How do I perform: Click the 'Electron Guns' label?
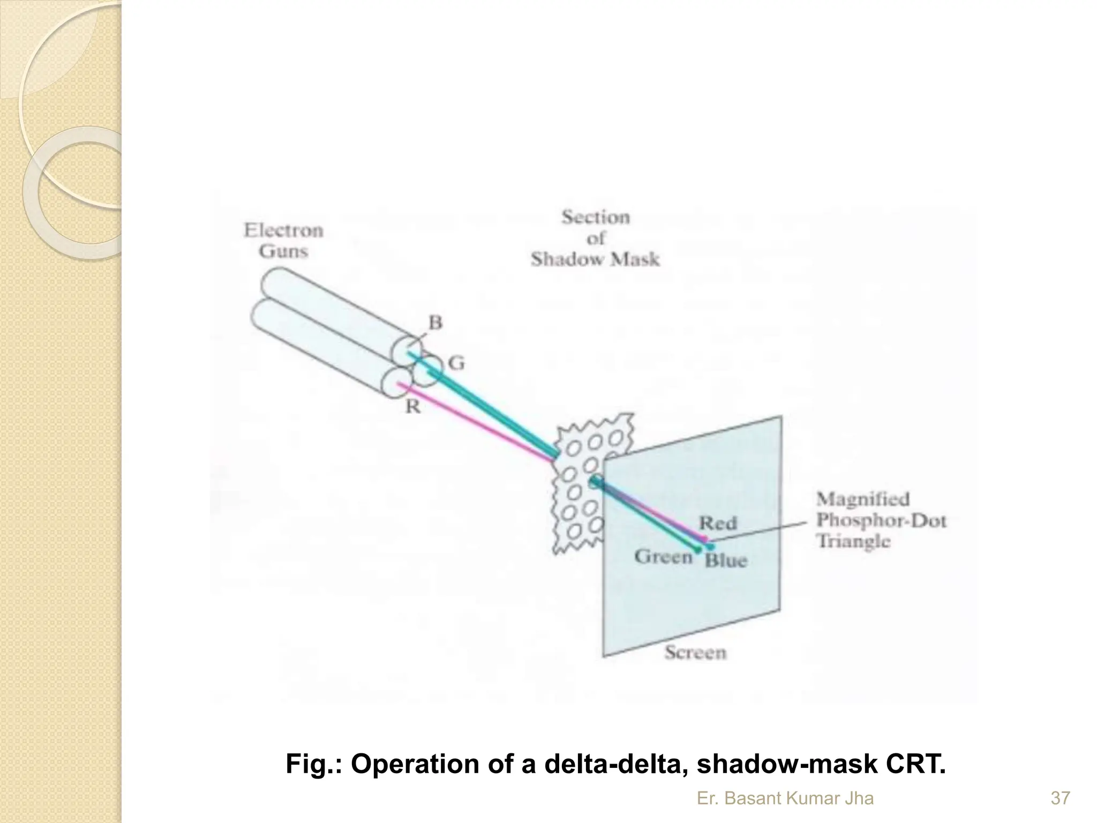tap(283, 241)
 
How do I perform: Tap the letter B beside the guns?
tap(435, 323)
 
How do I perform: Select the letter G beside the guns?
tap(456, 363)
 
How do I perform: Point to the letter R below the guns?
tap(412, 407)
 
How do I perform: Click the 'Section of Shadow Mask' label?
tap(595, 238)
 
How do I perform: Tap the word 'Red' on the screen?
tap(718, 522)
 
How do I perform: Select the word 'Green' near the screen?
tap(664, 557)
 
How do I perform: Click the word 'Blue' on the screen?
tap(726, 560)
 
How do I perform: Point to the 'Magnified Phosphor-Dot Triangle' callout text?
tap(881, 520)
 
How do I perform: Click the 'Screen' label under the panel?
tap(695, 652)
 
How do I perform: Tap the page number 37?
tap(1061, 798)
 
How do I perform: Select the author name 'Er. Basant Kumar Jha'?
tap(785, 798)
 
